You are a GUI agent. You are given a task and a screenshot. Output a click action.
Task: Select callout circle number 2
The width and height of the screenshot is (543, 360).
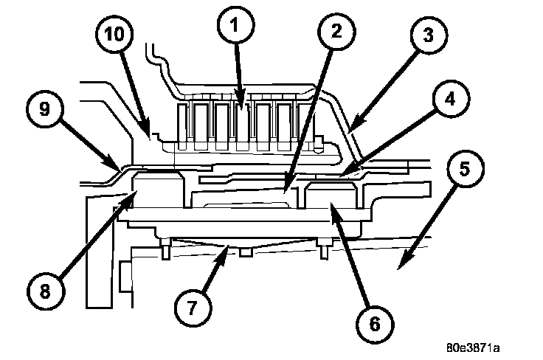click(335, 31)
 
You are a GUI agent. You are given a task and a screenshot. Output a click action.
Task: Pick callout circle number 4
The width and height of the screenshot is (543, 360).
click(446, 100)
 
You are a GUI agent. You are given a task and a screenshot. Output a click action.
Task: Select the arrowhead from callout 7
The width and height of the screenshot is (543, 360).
click(227, 249)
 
